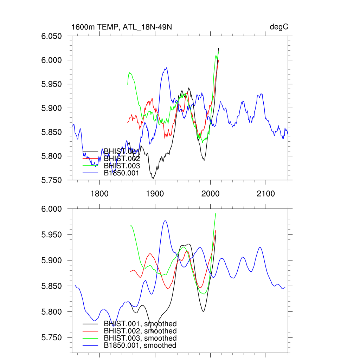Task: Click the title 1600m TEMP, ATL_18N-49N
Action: [x=121, y=27]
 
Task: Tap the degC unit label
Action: [x=279, y=27]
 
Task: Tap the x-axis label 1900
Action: [x=155, y=194]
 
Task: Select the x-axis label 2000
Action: [x=210, y=194]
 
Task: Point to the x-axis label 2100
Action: [x=265, y=194]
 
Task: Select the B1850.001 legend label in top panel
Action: [x=122, y=173]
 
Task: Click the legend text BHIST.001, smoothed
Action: [x=140, y=324]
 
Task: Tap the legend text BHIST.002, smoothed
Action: [x=140, y=331]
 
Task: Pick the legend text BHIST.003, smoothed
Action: [x=140, y=338]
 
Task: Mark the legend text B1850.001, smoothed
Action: [x=140, y=346]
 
